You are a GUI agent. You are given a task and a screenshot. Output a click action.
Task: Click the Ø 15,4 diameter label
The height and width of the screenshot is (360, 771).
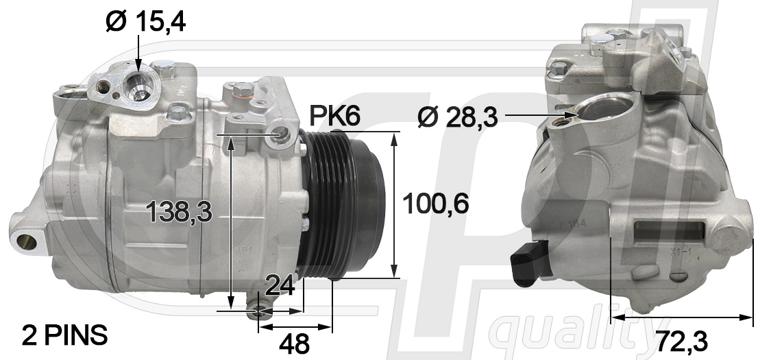(145, 22)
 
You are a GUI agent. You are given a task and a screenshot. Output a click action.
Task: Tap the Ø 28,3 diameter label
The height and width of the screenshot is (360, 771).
(457, 117)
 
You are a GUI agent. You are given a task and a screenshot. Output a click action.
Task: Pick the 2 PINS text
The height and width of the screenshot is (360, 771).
(64, 335)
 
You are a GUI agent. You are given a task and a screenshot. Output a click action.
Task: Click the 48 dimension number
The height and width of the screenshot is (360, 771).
(294, 344)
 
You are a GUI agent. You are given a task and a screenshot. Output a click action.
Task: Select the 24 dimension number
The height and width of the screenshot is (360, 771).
(280, 286)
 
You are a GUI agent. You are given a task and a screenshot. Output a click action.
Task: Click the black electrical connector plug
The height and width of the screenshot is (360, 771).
(530, 263)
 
